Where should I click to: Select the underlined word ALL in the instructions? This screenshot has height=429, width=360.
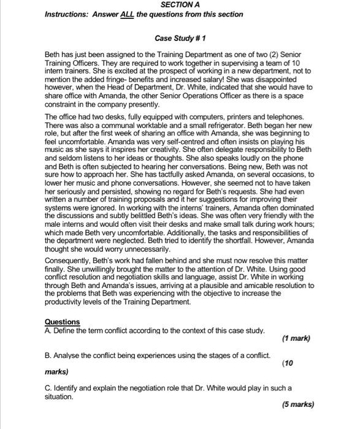tap(127, 14)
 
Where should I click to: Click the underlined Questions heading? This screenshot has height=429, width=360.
tap(62, 322)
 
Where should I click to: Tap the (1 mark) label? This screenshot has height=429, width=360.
tap(296, 338)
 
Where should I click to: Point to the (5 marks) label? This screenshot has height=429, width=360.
tap(297, 404)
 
